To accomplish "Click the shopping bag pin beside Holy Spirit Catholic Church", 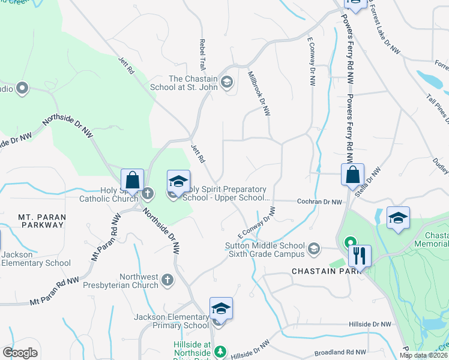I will [132, 180].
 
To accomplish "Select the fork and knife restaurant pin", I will [360, 256].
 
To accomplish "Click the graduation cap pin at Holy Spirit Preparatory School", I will [178, 181].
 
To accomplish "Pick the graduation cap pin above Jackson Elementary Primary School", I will [221, 309].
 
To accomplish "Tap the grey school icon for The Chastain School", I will [227, 82].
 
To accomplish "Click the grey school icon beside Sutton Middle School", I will [313, 248].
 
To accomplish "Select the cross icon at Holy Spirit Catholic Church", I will [148, 193].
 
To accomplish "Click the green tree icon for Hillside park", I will [221, 350].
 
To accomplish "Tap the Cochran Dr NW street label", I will [320, 202].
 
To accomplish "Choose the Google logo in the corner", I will [20, 353].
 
